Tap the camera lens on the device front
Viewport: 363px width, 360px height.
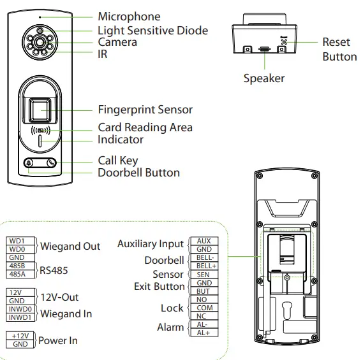pyautogui.click(x=40, y=43)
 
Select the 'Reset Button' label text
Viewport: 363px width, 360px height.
pyautogui.click(x=338, y=49)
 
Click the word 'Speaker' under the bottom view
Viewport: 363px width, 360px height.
pyautogui.click(x=263, y=78)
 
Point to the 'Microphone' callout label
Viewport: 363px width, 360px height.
pyautogui.click(x=129, y=17)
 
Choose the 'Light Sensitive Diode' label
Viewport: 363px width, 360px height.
pyautogui.click(x=152, y=30)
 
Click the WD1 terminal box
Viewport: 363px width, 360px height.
pyautogui.click(x=17, y=241)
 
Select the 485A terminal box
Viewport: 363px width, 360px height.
pyautogui.click(x=17, y=274)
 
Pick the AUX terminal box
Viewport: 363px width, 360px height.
pyautogui.click(x=204, y=241)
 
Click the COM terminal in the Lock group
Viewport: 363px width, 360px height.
pyautogui.click(x=204, y=308)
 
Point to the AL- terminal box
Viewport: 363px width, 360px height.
pyautogui.click(x=204, y=324)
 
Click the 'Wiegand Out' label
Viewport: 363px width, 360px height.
pyautogui.click(x=70, y=246)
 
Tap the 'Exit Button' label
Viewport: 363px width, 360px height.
pyautogui.click(x=159, y=286)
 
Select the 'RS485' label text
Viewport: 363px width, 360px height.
pyautogui.click(x=54, y=270)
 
